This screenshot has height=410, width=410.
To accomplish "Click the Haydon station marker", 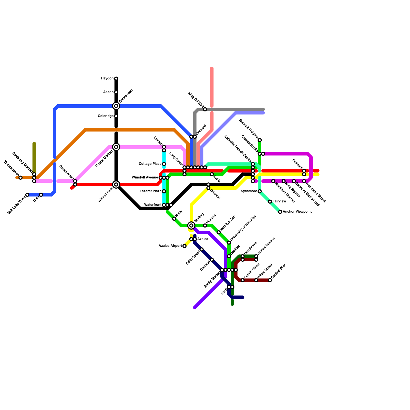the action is pos(116,78).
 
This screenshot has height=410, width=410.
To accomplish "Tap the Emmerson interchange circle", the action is pos(116,106).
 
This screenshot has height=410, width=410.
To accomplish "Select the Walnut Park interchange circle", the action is pos(116,184).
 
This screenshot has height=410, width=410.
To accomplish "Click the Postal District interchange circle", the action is pos(116,147).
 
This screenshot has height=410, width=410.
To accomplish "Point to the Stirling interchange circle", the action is pos(191,225).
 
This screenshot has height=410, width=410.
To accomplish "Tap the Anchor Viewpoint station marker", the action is pos(280,212).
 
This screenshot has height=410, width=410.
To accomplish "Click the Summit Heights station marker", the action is pos(260,140).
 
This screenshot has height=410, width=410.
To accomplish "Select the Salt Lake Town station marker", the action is pos(27,195).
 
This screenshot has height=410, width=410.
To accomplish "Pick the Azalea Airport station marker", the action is pos(184,246).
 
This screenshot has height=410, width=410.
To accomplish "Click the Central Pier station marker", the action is pos(270,280).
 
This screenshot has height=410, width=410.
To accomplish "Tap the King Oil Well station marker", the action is pos(205,109).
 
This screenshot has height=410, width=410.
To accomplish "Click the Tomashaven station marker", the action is pos(20,178).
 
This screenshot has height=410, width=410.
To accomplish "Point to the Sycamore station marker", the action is pos(260,191).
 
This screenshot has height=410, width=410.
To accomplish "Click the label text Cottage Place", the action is pos(150,164).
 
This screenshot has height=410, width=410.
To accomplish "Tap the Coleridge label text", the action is pos(106,116).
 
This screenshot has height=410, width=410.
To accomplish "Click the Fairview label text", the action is pos(279,201).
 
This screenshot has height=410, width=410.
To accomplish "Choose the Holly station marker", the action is pos(174,219).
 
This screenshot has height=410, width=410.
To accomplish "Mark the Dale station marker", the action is pos(41,195).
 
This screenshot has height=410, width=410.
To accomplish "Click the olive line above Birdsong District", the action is pos(34,156).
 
